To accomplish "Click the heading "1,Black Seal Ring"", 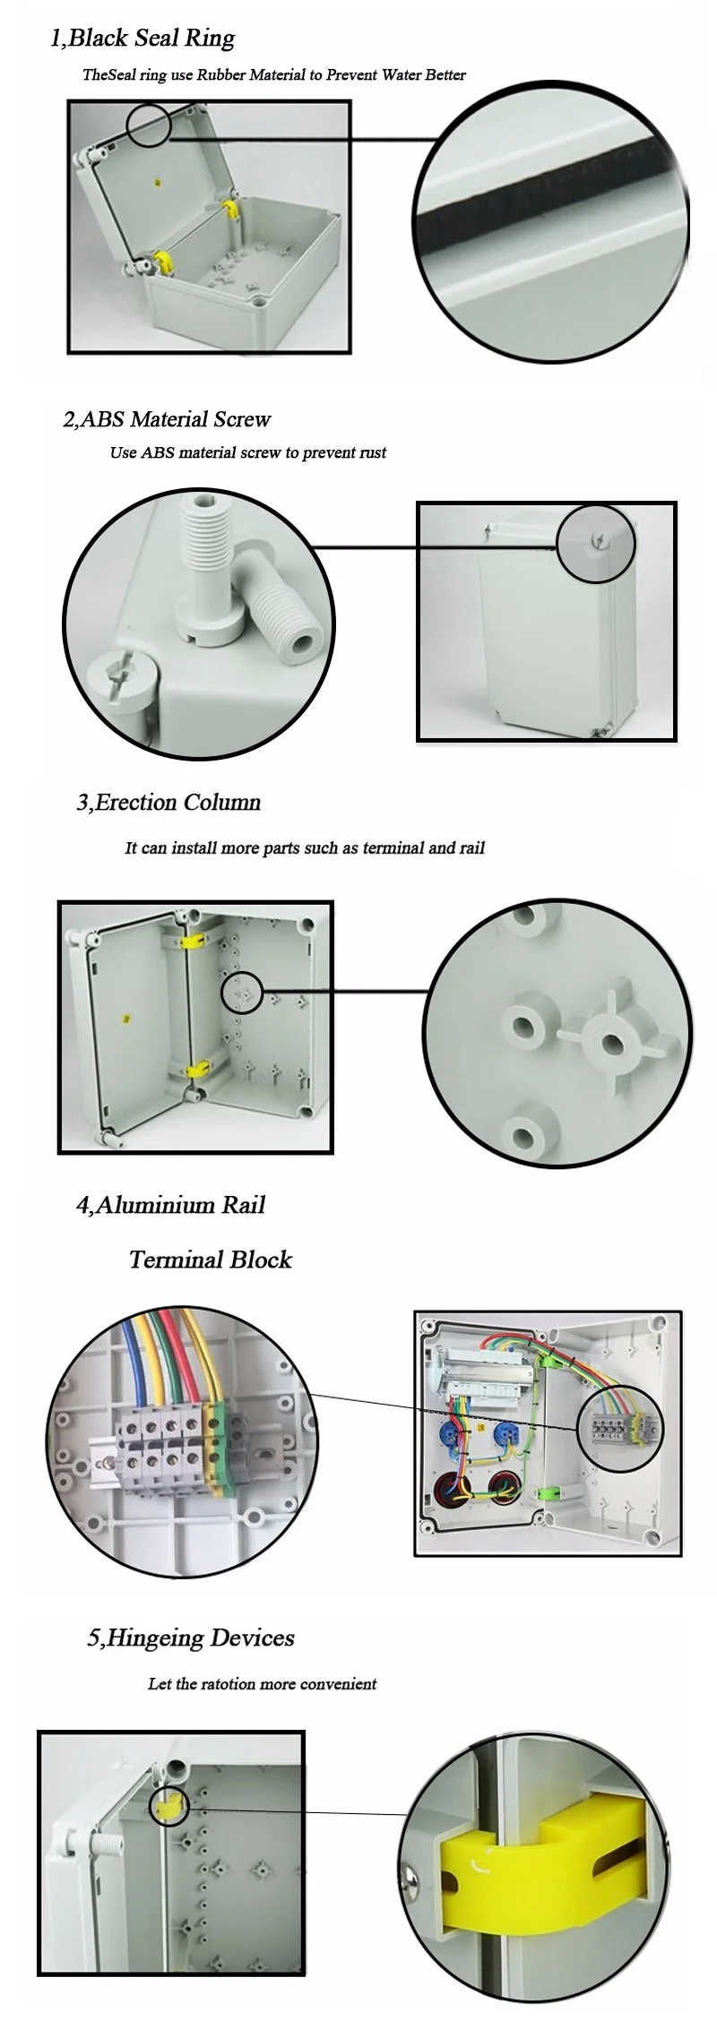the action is pyautogui.click(x=143, y=39).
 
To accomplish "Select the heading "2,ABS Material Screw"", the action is pyautogui.click(x=167, y=419).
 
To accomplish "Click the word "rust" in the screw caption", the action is pyautogui.click(x=372, y=453).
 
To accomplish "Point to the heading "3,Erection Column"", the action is pyautogui.click(x=168, y=802).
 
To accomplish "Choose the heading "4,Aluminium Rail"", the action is pyautogui.click(x=170, y=1205).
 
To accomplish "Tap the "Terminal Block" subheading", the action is pyautogui.click(x=211, y=1260).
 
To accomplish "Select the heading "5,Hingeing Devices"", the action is pyautogui.click(x=191, y=1638).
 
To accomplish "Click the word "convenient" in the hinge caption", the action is pyautogui.click(x=339, y=1684).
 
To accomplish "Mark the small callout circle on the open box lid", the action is pyautogui.click(x=148, y=125).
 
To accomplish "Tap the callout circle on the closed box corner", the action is pyautogui.click(x=596, y=544).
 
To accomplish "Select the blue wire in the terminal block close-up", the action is pyautogui.click(x=132, y=1366).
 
